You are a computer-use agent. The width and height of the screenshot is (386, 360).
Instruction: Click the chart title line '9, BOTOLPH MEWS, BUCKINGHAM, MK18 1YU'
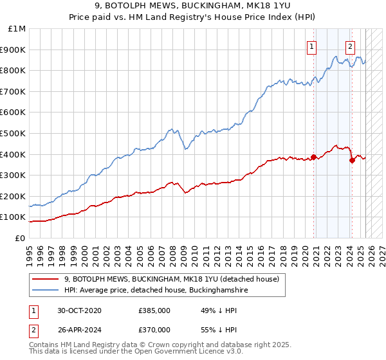(x=193, y=6)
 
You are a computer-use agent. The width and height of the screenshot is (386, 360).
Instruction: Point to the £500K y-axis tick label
(x=14, y=133)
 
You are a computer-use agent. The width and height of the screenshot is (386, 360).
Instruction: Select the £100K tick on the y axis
(x=14, y=217)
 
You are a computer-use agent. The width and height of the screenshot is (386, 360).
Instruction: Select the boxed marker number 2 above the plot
(x=351, y=46)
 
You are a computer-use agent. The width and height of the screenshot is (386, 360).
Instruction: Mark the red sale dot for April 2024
(x=352, y=160)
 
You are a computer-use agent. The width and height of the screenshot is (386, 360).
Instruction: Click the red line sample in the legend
(x=45, y=279)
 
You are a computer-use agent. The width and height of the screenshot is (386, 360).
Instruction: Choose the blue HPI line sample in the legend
(x=45, y=291)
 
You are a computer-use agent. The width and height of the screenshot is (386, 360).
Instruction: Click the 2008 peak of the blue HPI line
(x=170, y=129)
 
